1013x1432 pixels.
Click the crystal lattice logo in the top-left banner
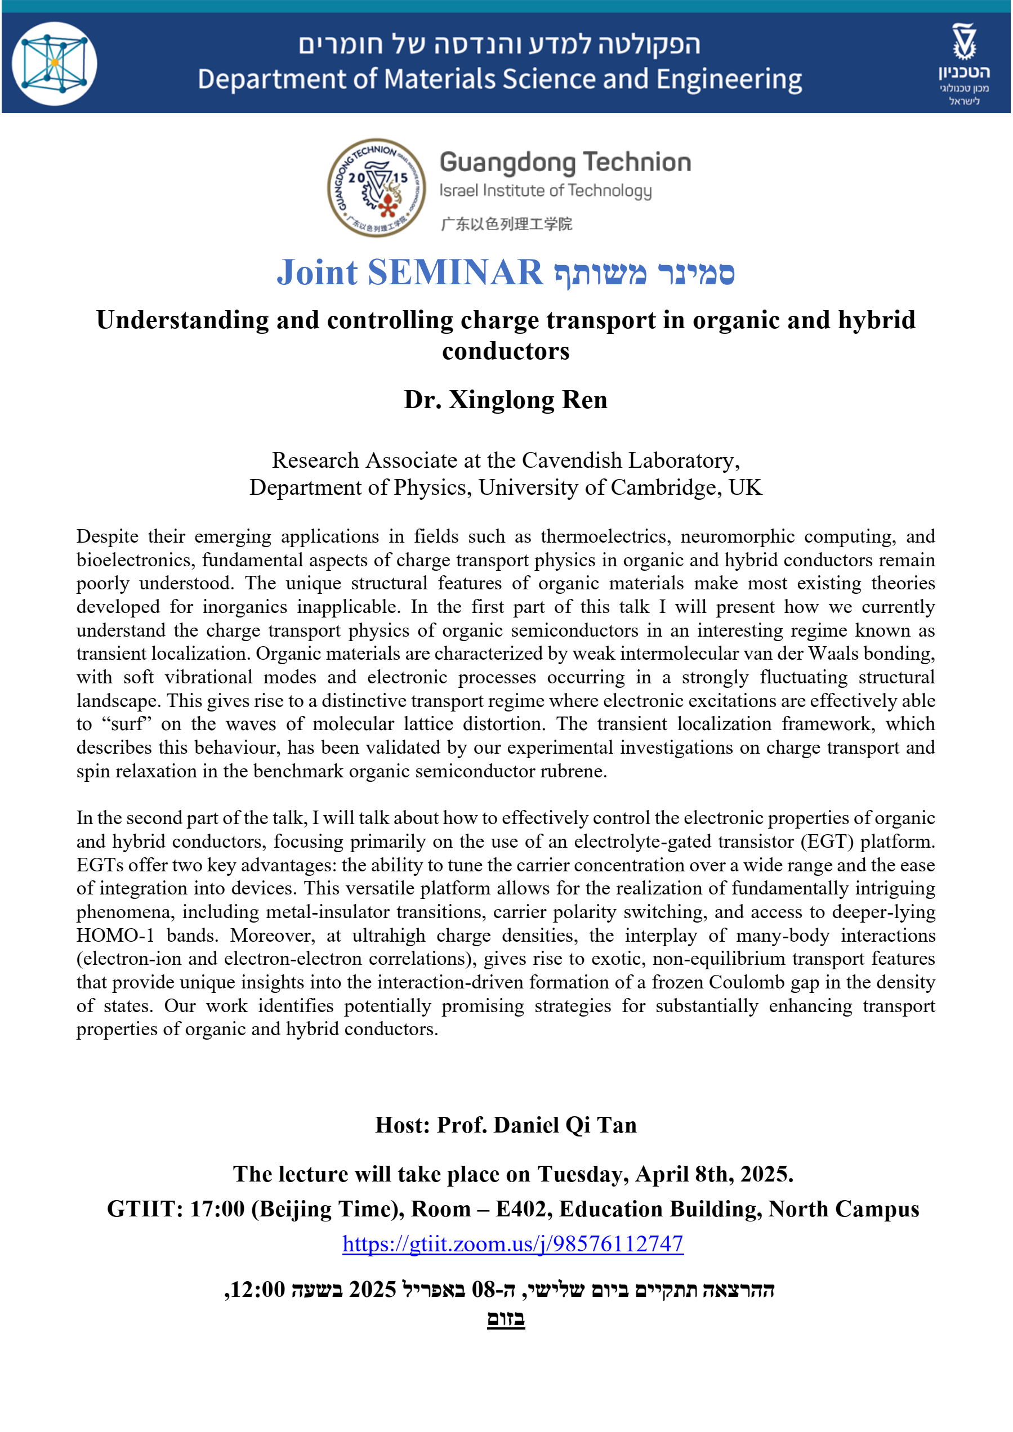[54, 63]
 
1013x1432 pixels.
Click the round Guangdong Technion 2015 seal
[376, 187]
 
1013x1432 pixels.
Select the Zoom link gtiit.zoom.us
[513, 1243]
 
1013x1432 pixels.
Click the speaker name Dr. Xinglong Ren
[505, 399]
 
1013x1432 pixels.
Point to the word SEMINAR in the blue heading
[455, 272]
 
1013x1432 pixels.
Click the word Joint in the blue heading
[317, 272]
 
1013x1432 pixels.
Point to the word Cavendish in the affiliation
[572, 460]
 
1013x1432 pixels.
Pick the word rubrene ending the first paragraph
[572, 772]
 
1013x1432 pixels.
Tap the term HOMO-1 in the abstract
[115, 936]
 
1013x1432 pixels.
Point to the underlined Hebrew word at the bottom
[506, 1318]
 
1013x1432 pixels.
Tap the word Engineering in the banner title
[729, 80]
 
